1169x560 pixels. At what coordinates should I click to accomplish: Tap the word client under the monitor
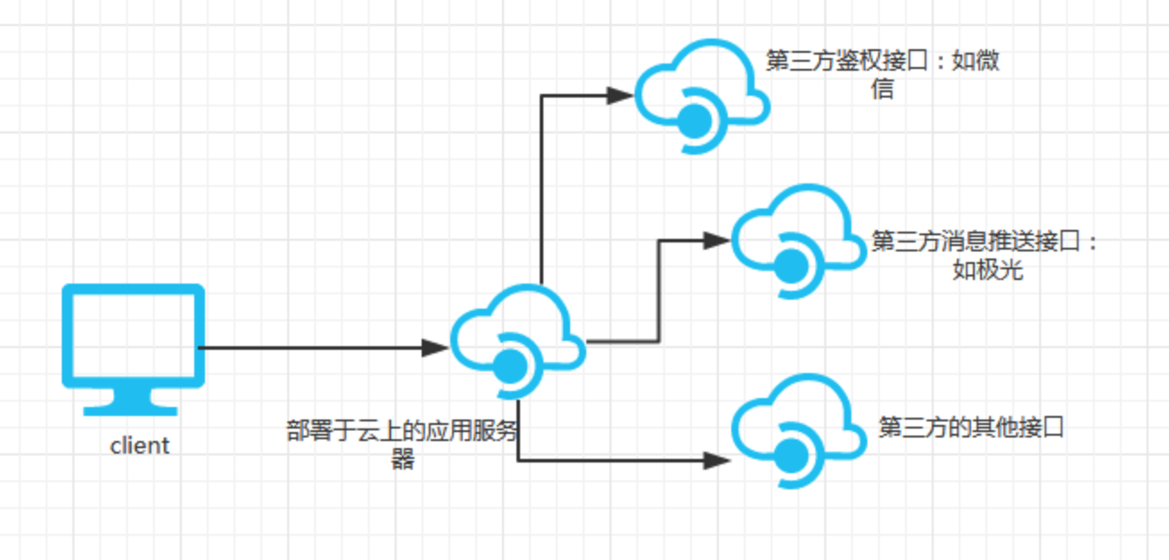(x=140, y=445)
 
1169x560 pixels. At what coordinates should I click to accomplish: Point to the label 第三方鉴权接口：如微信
(x=883, y=74)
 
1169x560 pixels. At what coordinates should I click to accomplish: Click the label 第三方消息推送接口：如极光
(x=986, y=255)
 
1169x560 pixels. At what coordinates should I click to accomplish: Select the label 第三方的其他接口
(x=971, y=427)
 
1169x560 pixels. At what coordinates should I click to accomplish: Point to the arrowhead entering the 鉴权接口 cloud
(x=620, y=95)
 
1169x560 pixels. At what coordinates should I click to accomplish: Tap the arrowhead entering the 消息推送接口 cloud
(x=717, y=240)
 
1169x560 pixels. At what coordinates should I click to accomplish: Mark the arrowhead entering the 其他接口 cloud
(x=717, y=461)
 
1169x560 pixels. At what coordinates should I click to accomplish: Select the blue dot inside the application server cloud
(x=510, y=364)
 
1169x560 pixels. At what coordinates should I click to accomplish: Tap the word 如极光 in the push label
(x=987, y=269)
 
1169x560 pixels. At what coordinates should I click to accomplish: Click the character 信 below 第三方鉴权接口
(x=883, y=89)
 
